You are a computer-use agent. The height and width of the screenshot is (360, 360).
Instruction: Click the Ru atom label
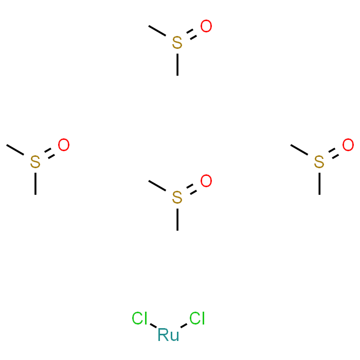[x=168, y=335]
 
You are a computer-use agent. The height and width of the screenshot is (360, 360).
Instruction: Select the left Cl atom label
[x=139, y=318]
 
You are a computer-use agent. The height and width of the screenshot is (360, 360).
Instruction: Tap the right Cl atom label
[x=197, y=318]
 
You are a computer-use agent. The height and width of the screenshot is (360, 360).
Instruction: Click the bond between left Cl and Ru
[x=153, y=326]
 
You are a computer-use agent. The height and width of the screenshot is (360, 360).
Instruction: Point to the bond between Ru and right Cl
[x=184, y=326]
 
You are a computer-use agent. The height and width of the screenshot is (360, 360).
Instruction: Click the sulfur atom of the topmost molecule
[x=177, y=43]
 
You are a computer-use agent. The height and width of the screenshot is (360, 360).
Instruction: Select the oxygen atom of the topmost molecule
[x=206, y=26]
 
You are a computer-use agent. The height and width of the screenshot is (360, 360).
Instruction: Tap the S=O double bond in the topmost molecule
[x=191, y=34]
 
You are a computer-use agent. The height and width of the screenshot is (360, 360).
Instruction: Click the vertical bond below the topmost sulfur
[x=177, y=64]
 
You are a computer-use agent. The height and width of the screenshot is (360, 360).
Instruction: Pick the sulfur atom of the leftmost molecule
[x=35, y=161]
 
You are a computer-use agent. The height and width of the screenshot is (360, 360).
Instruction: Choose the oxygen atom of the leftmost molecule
[x=64, y=145]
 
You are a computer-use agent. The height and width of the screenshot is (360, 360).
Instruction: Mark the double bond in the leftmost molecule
[x=49, y=153]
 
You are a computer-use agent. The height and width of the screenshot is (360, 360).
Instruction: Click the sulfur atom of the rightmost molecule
[x=319, y=161]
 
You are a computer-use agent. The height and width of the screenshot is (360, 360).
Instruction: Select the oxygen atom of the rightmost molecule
[x=348, y=145]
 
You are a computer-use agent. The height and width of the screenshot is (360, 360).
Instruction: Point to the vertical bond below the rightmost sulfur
[x=319, y=184]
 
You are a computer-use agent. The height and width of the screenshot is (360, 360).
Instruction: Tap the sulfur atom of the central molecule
[x=177, y=197]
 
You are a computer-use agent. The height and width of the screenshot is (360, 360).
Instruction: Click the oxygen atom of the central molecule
[x=206, y=181]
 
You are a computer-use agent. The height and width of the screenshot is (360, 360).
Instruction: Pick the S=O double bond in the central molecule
[x=191, y=189]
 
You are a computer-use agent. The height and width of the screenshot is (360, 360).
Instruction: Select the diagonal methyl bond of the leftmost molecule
[x=15, y=150]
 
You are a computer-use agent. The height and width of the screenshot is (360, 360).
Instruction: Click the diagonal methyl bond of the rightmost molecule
[x=299, y=150]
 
